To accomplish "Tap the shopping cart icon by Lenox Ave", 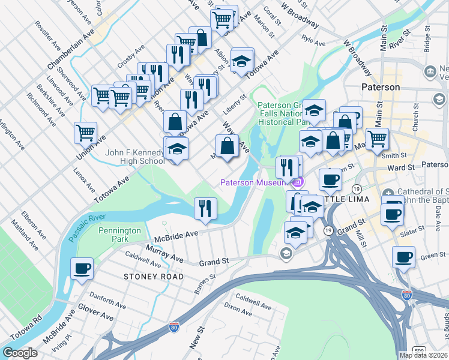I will pyautogui.click(x=85, y=132).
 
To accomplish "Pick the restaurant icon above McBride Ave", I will pyautogui.click(x=205, y=208).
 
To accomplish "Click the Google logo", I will pyautogui.click(x=20, y=353).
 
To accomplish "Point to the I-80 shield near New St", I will pyautogui.click(x=173, y=327).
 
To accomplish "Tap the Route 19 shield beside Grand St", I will pyautogui.click(x=328, y=230).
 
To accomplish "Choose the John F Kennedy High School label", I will pyautogui.click(x=135, y=157).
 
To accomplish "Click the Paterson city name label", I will pyautogui.click(x=381, y=87).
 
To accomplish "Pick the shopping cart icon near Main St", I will pyautogui.click(x=377, y=139).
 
